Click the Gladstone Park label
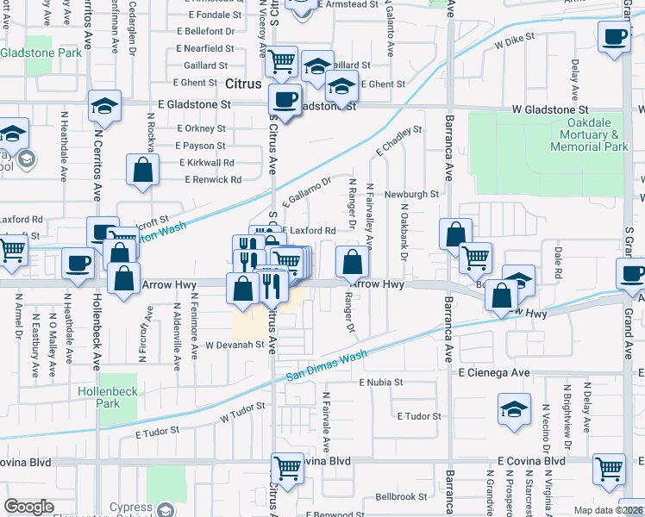click(41, 53)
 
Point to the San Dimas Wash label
click(327, 366)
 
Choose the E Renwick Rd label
click(213, 180)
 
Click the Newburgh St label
click(411, 195)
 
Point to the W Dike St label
click(515, 39)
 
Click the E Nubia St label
click(382, 382)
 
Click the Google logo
click(28, 507)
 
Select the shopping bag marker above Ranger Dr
click(352, 262)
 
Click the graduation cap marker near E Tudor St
click(514, 410)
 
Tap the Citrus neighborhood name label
click(242, 85)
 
